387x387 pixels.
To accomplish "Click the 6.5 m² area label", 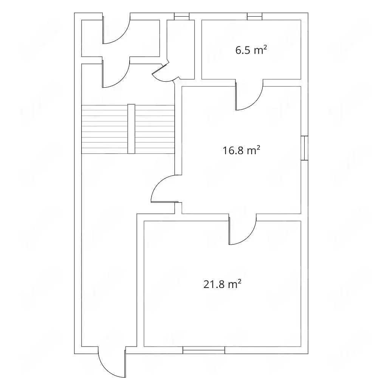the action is click(x=251, y=50).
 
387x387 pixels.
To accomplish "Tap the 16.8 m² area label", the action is click(x=241, y=150).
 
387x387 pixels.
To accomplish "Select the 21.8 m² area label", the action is click(x=222, y=284).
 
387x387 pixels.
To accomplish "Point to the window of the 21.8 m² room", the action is click(x=204, y=350).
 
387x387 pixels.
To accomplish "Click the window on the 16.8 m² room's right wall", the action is click(x=305, y=148).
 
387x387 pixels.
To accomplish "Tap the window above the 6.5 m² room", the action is click(x=255, y=16).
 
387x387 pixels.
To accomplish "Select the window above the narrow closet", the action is click(x=182, y=16).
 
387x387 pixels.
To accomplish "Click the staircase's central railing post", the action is click(x=131, y=129).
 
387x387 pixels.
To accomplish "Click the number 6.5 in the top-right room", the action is click(x=243, y=50).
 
